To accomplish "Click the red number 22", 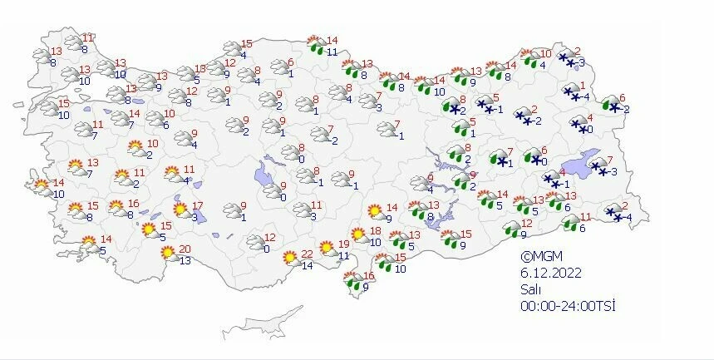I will (x=307, y=254).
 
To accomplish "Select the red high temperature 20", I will (x=185, y=249).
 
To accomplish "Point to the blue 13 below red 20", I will (x=185, y=260).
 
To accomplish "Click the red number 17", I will (x=196, y=206).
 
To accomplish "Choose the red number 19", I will (x=343, y=244).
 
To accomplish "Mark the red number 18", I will (x=375, y=230).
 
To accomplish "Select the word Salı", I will (x=530, y=288).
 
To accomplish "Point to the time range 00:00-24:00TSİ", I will (x=568, y=305).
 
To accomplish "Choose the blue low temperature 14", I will (x=307, y=266).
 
